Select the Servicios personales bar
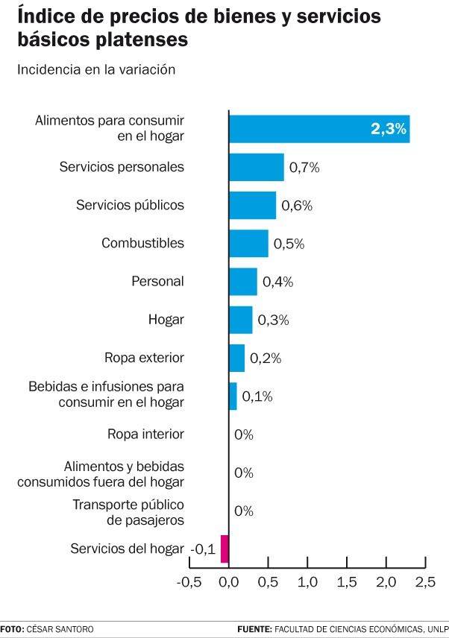coord(256,167)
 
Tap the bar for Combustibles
coord(248,243)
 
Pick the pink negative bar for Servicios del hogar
coord(224,549)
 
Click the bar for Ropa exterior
coord(236,358)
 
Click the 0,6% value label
coord(297,206)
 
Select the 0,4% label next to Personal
coord(277,282)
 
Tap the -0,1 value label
coord(203,549)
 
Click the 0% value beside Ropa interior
coord(244,435)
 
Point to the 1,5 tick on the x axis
coord(346,581)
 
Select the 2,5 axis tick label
coord(425,581)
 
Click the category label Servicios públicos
coord(130,205)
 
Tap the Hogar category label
coord(166,320)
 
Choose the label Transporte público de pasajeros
coord(128,512)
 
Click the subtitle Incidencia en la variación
coord(95,70)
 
